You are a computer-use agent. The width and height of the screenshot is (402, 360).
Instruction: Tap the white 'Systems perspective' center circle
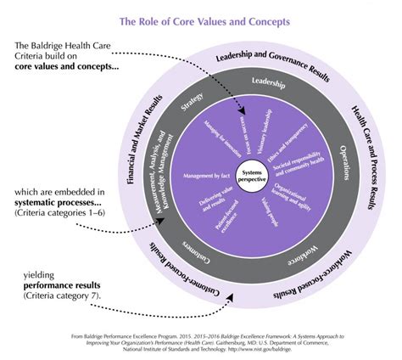point(250,172)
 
